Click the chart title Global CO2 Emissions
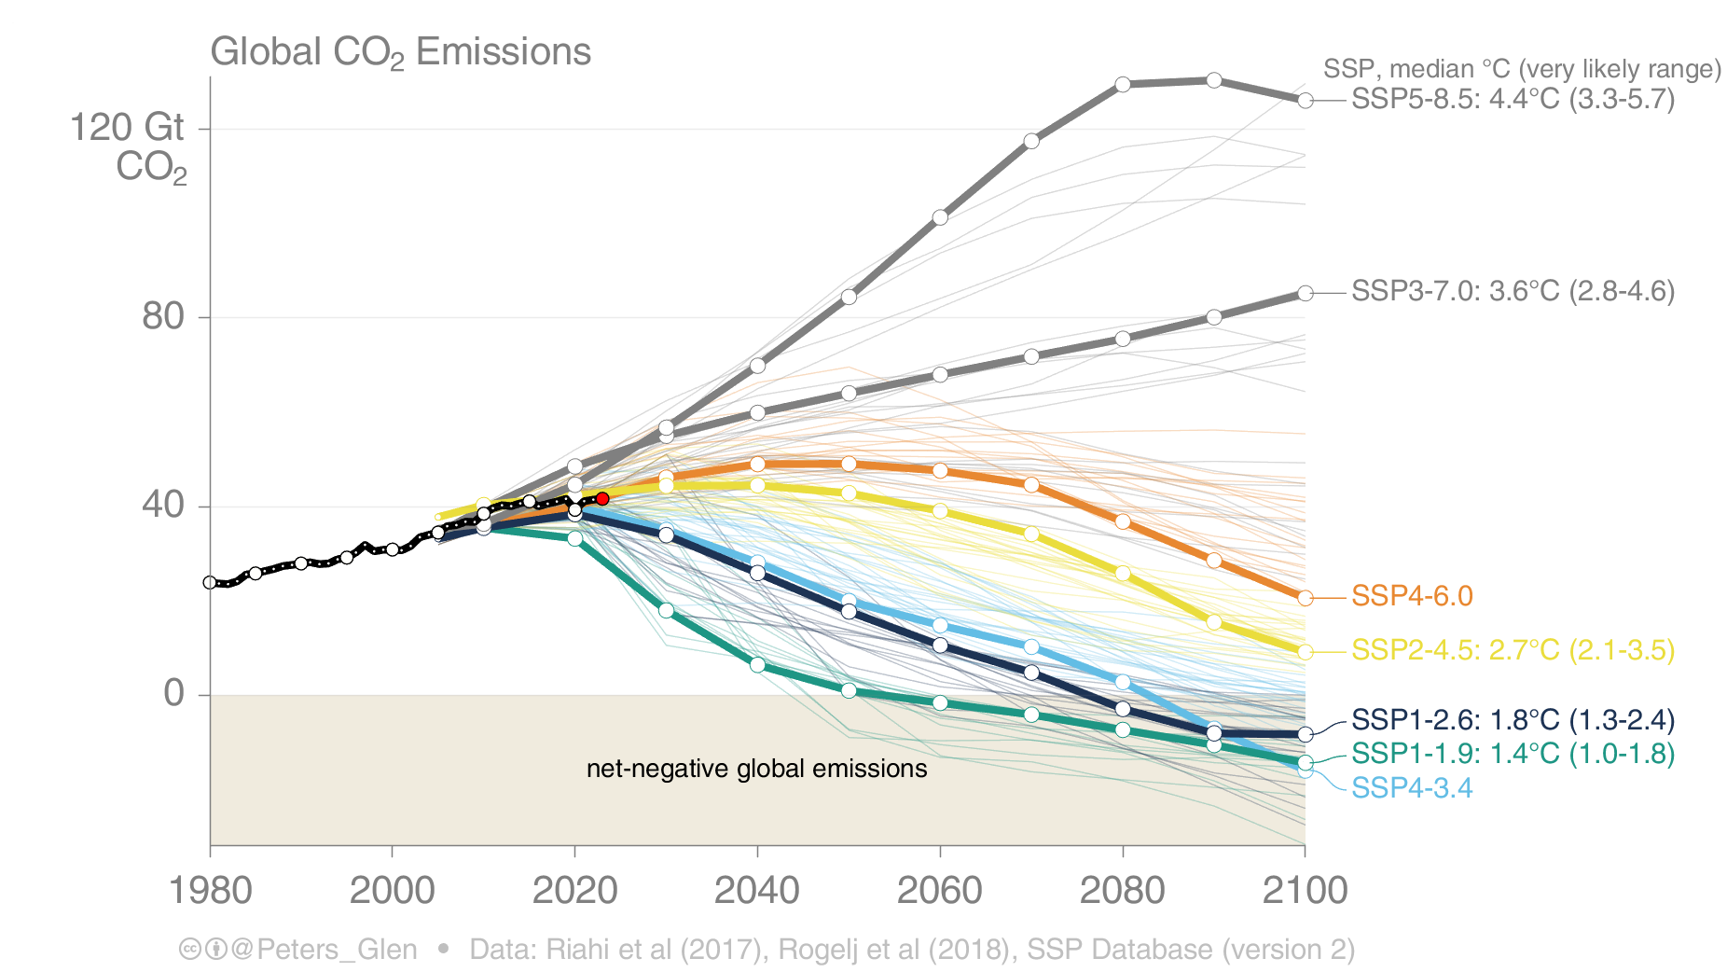tap(401, 52)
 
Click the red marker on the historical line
tap(602, 499)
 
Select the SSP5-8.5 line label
tap(1512, 99)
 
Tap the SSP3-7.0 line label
tap(1512, 291)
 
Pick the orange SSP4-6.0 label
tap(1412, 596)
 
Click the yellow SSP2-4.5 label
tap(1512, 650)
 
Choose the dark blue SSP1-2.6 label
tap(1512, 720)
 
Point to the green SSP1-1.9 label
tap(1512, 754)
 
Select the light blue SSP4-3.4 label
tap(1412, 788)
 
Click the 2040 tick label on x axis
tap(757, 890)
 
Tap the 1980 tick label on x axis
tap(211, 890)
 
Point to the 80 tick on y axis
tap(163, 317)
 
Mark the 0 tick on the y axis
tap(174, 693)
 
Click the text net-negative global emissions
tap(756, 769)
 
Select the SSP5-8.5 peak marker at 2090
tap(1213, 80)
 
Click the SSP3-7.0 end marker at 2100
tap(1306, 293)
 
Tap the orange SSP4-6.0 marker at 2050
tap(849, 464)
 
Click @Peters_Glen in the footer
tap(324, 950)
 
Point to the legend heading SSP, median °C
tap(1521, 69)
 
